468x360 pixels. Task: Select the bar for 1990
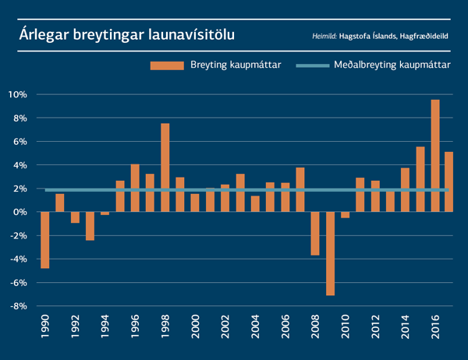pos(45,240)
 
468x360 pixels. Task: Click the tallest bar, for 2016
pos(435,156)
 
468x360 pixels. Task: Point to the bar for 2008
pos(315,233)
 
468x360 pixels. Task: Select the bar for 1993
pos(90,226)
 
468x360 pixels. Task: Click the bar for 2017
pos(450,182)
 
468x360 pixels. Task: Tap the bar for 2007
pos(300,189)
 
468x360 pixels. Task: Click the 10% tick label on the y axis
pos(18,94)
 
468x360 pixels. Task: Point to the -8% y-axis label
pos(17,306)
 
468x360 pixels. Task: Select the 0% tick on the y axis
pos(21,212)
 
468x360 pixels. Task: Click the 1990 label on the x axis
pos(46,328)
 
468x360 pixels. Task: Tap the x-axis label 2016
pos(435,328)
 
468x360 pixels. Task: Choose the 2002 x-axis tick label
pos(225,328)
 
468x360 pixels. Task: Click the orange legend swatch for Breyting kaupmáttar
pos(165,66)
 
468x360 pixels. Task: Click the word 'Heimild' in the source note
pos(324,37)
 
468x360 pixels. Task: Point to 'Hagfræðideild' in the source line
pos(428,37)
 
